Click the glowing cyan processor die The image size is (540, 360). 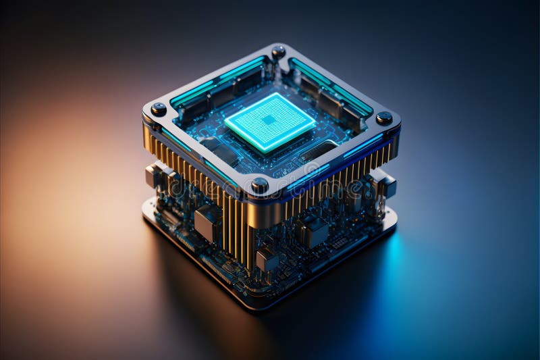[270, 122]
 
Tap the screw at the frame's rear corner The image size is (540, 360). [278, 51]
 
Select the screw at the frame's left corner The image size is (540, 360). [159, 109]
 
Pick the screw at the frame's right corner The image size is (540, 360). [384, 118]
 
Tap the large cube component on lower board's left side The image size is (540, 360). [208, 223]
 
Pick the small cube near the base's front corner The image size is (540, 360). [267, 259]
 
